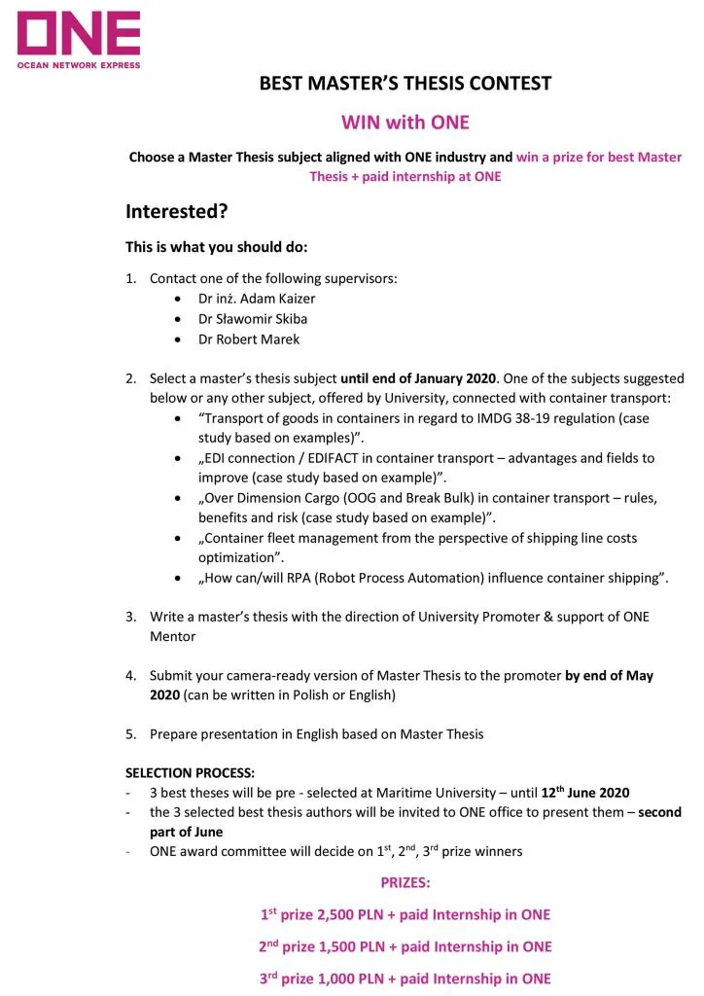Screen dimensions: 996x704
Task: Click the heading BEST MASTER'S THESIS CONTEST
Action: pyautogui.click(x=405, y=84)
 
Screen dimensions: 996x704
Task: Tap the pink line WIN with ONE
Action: pyautogui.click(x=405, y=123)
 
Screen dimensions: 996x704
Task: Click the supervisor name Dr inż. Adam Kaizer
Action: pyautogui.click(x=257, y=299)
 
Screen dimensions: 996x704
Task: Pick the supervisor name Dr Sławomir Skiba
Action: pyautogui.click(x=253, y=319)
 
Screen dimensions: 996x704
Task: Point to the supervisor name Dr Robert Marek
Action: pyautogui.click(x=249, y=339)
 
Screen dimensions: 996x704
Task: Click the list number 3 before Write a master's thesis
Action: pyautogui.click(x=130, y=617)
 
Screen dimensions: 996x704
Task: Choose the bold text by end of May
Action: pyautogui.click(x=609, y=676)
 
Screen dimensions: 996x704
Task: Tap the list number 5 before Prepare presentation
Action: pyautogui.click(x=130, y=734)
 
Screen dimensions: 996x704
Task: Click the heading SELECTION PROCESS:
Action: pyautogui.click(x=190, y=773)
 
